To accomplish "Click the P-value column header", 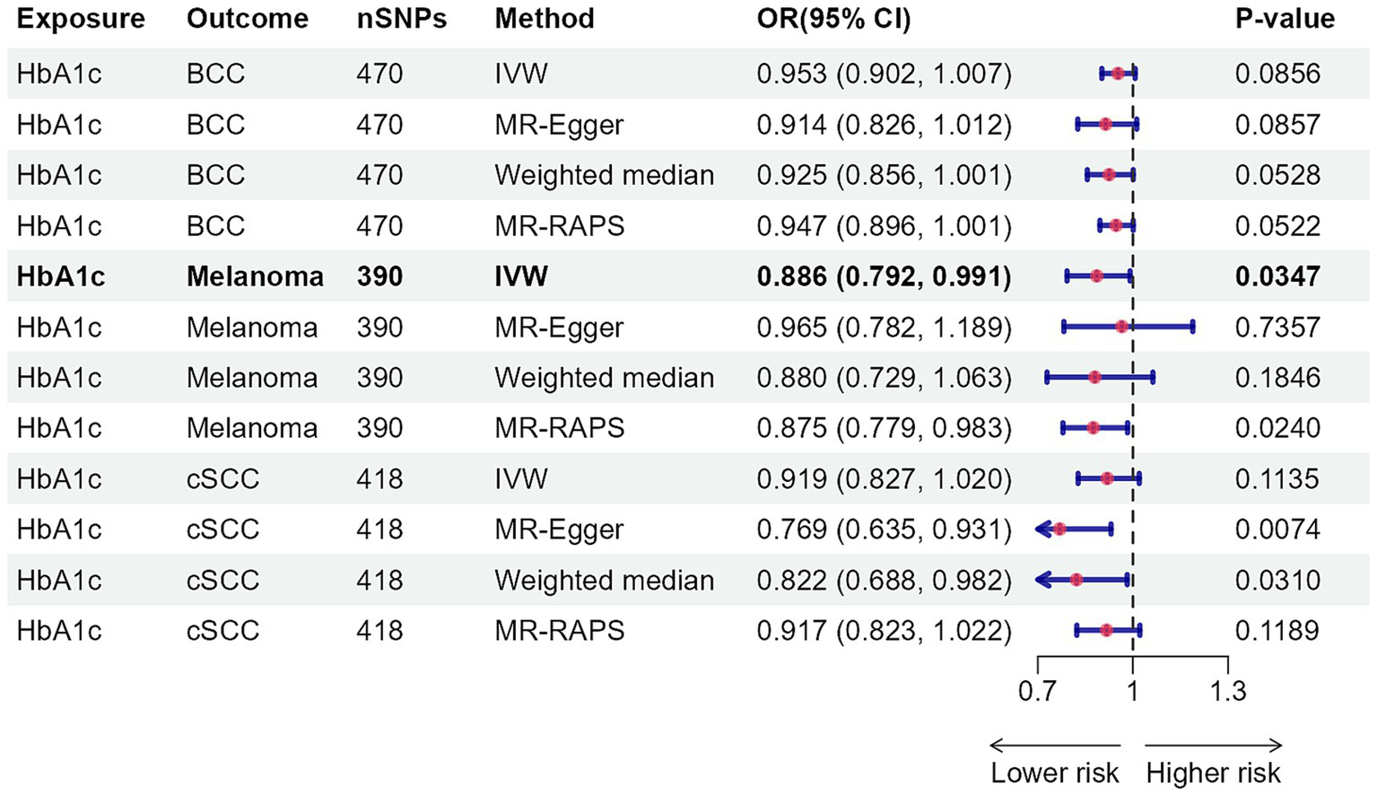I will pos(1284,19).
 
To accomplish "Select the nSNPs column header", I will pos(401,19).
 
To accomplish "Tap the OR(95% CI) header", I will pos(833,19).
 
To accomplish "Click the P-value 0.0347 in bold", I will pos(1277,276).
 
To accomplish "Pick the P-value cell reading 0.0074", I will pos(1277,529).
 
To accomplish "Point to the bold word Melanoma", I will pos(255,276).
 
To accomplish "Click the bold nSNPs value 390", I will pos(379,276).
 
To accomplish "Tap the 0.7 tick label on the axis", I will pos(1037,691).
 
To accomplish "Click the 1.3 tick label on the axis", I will pos(1227,691).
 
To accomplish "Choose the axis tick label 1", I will pos(1133,691).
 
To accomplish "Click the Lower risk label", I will pos(1054,773).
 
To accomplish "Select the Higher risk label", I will pos(1213,773).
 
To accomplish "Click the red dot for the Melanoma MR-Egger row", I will pos(1121,328).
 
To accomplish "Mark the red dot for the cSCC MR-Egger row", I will pos(1059,529).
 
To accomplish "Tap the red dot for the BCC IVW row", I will pos(1118,74).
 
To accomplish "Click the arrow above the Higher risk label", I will pos(1213,745).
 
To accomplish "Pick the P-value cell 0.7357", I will pos(1277,328).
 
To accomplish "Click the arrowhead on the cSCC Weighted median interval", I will pos(1041,581).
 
